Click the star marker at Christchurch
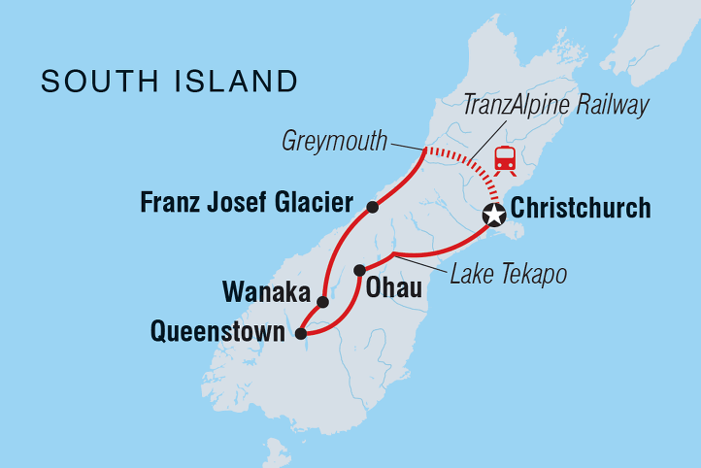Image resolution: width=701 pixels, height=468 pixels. (495, 216)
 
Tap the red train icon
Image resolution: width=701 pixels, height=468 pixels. (505, 158)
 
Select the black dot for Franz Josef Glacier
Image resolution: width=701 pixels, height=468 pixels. (372, 207)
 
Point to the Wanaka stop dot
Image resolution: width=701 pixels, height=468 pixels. (323, 302)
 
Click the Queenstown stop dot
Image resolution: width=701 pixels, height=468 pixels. (301, 334)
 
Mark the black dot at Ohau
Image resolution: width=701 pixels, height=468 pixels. (359, 270)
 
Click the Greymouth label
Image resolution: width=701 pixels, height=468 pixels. (333, 142)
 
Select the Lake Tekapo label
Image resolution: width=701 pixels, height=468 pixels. (509, 275)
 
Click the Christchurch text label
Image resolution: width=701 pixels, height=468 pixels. (581, 208)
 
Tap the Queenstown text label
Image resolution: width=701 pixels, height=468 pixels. (217, 333)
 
